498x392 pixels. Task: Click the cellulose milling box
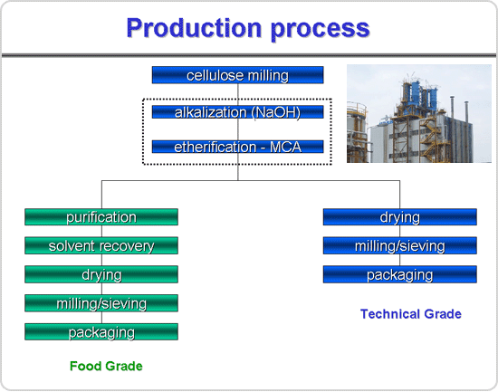pyautogui.click(x=237, y=75)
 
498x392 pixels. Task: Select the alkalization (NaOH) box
pyautogui.click(x=237, y=112)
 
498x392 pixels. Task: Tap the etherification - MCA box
pyautogui.click(x=237, y=147)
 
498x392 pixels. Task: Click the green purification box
pyautogui.click(x=101, y=217)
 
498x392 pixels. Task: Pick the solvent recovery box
pyautogui.click(x=101, y=245)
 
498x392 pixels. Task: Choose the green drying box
pyautogui.click(x=101, y=274)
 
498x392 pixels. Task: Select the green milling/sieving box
pyautogui.click(x=101, y=303)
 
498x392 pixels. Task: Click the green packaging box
pyautogui.click(x=101, y=331)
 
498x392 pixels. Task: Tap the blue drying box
pyautogui.click(x=400, y=217)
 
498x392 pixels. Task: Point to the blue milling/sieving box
pyautogui.click(x=400, y=245)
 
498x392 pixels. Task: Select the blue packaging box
pyautogui.click(x=400, y=274)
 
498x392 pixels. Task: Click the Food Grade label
pyautogui.click(x=106, y=366)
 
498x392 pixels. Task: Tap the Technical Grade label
pyautogui.click(x=411, y=314)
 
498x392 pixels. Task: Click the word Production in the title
pyautogui.click(x=194, y=28)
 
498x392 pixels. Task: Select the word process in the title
pyautogui.click(x=321, y=30)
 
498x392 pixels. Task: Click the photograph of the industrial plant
pyautogui.click(x=419, y=113)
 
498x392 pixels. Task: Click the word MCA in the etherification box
pyautogui.click(x=285, y=147)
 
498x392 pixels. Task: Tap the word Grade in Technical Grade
pyautogui.click(x=443, y=314)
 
